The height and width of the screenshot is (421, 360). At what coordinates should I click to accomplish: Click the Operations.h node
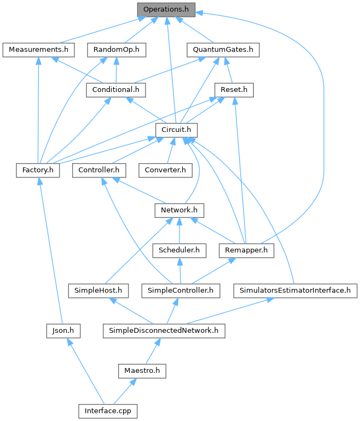(166, 9)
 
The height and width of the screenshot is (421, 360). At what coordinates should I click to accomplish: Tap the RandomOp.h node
(116, 50)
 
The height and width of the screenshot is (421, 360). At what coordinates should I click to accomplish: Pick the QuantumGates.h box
(223, 50)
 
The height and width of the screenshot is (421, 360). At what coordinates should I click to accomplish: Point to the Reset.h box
(234, 90)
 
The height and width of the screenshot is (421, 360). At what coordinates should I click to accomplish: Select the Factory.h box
(38, 170)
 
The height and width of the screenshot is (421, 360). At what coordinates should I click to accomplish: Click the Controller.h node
(99, 170)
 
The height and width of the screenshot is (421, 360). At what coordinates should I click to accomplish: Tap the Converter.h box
(165, 170)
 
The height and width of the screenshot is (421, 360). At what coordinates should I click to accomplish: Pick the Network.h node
(179, 210)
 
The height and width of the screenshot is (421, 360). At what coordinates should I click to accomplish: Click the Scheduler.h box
(179, 250)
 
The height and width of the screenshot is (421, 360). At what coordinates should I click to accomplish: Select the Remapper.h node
(246, 250)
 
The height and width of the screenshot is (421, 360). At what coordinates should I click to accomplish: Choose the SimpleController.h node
(180, 290)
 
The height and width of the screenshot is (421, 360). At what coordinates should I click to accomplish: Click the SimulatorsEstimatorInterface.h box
(295, 290)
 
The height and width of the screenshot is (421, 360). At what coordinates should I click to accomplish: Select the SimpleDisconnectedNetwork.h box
(164, 331)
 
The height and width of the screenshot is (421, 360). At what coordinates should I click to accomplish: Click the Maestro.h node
(142, 371)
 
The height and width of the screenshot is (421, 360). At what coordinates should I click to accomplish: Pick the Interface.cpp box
(108, 411)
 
